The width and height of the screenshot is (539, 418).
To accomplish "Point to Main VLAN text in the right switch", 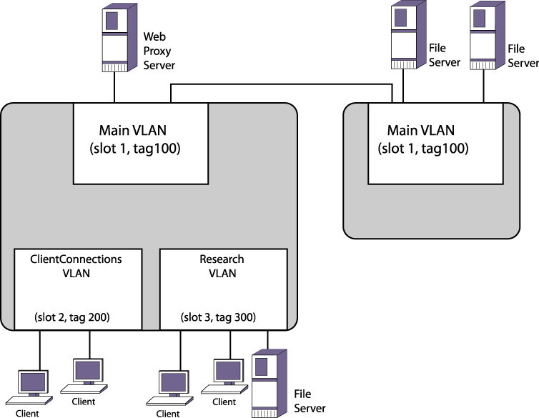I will point(420,131).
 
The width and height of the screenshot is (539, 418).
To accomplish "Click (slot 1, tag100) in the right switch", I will point(422,149).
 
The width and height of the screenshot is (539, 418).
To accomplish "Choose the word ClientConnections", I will point(76,259).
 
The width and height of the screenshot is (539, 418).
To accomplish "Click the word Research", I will point(222,259).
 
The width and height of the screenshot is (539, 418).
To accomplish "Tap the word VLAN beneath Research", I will point(222,274).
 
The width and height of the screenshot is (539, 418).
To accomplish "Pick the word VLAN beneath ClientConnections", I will point(76,274).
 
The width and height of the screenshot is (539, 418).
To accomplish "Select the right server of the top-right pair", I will point(483,35).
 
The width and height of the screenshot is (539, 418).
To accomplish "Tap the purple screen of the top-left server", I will point(112,20).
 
